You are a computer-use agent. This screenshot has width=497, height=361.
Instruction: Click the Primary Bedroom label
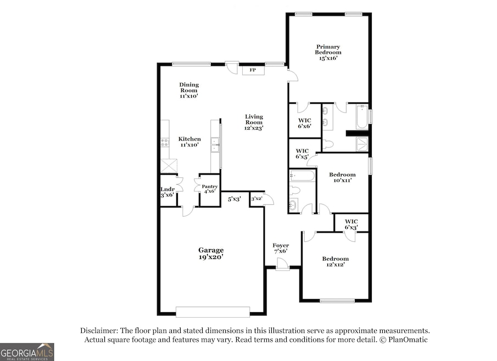click(x=328, y=53)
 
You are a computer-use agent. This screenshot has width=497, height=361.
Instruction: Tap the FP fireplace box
click(x=253, y=70)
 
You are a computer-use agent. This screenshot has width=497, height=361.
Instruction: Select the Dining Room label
click(x=189, y=90)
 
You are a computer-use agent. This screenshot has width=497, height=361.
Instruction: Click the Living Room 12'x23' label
click(x=254, y=122)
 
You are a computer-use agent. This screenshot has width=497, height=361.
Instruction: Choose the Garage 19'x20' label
click(x=211, y=253)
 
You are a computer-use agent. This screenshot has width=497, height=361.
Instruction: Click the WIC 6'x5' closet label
click(x=302, y=154)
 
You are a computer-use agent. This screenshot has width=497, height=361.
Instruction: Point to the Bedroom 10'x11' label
click(x=343, y=177)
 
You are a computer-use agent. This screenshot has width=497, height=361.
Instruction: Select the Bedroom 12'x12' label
click(x=335, y=261)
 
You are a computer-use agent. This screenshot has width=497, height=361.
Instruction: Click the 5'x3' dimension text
click(x=234, y=199)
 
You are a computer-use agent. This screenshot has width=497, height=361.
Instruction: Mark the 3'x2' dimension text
click(x=256, y=199)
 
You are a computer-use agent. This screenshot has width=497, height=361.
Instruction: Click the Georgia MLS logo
click(x=27, y=352)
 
